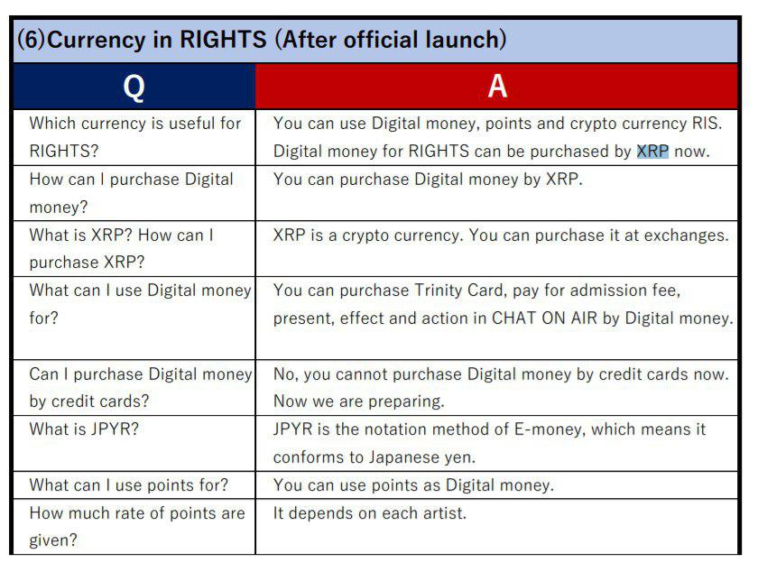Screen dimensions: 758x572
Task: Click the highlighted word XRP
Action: (652, 152)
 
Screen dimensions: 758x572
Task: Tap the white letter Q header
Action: (134, 88)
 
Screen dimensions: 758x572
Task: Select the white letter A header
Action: (497, 87)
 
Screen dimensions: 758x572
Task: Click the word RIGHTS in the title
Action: (223, 39)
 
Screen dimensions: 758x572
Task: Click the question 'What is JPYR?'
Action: (84, 429)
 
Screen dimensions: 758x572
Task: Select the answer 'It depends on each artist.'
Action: (370, 513)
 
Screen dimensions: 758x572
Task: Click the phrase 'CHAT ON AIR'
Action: (544, 318)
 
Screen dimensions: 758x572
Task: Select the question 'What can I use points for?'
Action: (128, 485)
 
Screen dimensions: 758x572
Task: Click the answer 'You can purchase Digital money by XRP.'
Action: (428, 180)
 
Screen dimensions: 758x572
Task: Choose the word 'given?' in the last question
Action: (53, 540)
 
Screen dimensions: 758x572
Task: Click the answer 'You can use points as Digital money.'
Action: (413, 485)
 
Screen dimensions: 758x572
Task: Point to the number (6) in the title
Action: (31, 39)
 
